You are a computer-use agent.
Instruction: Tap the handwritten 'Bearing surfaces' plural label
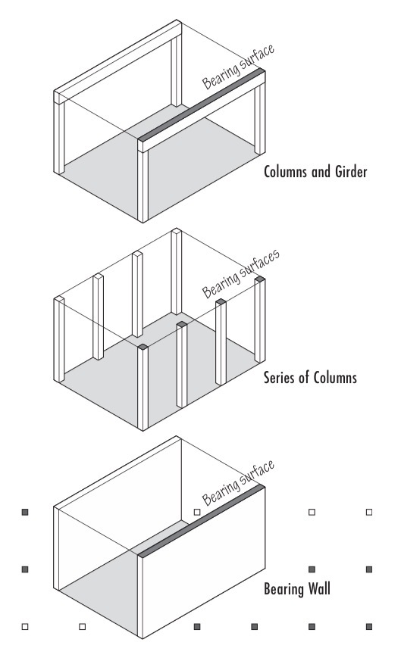pos(240,273)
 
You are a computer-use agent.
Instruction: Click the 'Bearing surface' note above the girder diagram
pos(239,67)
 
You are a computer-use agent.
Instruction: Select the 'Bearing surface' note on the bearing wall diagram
pos(239,483)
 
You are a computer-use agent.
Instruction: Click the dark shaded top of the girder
pos(202,105)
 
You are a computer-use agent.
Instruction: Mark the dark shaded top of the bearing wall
pos(202,522)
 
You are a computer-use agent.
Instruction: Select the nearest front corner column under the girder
pos(143,186)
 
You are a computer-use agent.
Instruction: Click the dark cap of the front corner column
pos(143,347)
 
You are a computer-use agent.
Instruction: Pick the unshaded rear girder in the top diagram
pos(117,61)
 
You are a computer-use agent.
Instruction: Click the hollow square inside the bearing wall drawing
pos(196,512)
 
